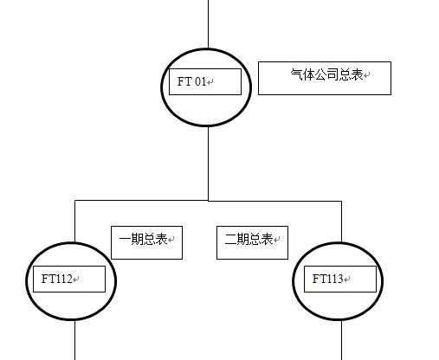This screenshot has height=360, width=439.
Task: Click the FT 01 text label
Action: click(x=191, y=81)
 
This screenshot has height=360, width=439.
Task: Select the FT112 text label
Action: click(x=56, y=279)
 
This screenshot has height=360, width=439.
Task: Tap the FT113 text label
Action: click(x=327, y=279)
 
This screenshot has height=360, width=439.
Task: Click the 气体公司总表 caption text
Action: click(x=326, y=74)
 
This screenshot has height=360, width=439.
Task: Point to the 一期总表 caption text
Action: click(x=143, y=239)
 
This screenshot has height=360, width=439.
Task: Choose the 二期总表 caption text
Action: click(x=249, y=239)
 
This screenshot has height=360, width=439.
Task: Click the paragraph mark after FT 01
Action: click(x=210, y=82)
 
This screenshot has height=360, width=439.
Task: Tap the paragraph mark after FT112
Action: click(x=76, y=280)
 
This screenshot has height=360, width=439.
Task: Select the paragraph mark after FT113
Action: click(x=347, y=280)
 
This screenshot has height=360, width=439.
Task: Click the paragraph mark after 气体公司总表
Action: click(x=366, y=75)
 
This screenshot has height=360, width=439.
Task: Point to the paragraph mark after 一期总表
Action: click(x=171, y=240)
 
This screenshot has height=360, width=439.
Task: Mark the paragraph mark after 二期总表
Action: click(x=277, y=240)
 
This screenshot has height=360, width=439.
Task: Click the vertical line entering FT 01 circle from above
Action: click(x=209, y=24)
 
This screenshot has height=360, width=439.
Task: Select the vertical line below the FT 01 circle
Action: click(x=209, y=164)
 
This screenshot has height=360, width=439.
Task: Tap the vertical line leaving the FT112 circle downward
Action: click(x=75, y=340)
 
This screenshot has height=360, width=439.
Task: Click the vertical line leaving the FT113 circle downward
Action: click(x=342, y=340)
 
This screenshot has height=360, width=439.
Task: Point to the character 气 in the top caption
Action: click(x=297, y=74)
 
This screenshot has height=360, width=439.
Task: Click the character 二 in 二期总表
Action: click(x=230, y=239)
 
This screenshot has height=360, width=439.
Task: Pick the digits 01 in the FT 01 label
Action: click(x=200, y=81)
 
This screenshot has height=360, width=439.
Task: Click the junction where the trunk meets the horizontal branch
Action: click(x=209, y=201)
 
